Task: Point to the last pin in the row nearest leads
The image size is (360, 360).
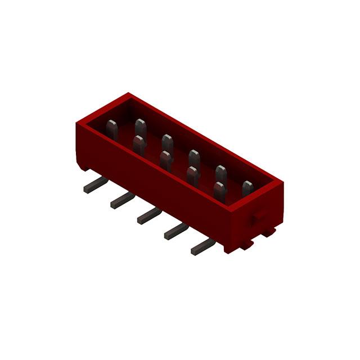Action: (219, 190)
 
